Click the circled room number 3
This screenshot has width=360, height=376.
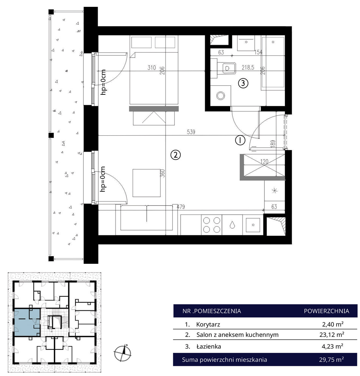243,83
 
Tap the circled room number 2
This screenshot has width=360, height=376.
175,155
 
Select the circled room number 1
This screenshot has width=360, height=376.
240,140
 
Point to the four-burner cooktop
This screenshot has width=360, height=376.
211,225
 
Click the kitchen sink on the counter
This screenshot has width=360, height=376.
253,225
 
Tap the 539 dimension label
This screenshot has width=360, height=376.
191,132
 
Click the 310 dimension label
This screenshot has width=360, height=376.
152,67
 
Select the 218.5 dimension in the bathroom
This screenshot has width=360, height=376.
248,67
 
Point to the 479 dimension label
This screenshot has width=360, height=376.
181,207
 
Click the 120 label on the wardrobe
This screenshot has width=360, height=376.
264,161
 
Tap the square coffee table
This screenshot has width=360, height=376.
147,183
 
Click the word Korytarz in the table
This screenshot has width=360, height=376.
208,324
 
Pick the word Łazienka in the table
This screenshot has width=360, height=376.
208,346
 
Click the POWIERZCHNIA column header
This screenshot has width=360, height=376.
326,311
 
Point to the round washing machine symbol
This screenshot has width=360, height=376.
221,96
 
